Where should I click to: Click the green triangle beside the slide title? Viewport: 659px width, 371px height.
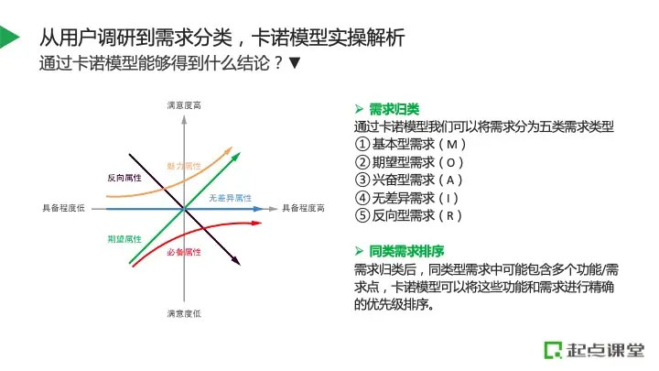pos(8,37)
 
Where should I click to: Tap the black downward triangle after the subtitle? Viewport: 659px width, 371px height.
pos(294,63)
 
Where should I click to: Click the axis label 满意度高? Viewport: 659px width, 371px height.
pos(184,105)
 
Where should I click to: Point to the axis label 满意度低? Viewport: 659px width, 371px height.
pos(184,313)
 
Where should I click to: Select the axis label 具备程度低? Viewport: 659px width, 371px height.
pos(63,208)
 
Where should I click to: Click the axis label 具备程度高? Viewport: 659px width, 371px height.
pos(303,208)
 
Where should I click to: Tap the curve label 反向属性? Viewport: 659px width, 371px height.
pos(124,178)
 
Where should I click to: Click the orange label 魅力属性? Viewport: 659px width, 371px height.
pos(184,166)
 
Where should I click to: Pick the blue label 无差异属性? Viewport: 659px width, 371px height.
pos(231,198)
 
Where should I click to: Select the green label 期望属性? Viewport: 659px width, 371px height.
pos(124,239)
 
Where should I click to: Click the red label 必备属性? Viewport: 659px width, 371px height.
pos(184,252)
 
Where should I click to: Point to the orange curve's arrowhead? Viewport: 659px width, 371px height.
pos(228,150)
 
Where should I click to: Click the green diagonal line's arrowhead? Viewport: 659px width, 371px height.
pos(236,157)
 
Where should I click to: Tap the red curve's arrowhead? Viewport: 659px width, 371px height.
pos(256,223)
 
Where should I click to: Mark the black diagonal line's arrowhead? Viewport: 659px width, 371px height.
pos(236,261)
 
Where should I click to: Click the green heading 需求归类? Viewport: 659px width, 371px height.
pos(394,109)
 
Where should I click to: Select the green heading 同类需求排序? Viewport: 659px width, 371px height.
pos(406,251)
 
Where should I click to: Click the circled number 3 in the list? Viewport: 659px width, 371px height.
pos(362,180)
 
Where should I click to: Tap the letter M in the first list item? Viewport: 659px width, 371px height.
pos(452,145)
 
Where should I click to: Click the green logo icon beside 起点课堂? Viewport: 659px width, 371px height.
pos(553,350)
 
